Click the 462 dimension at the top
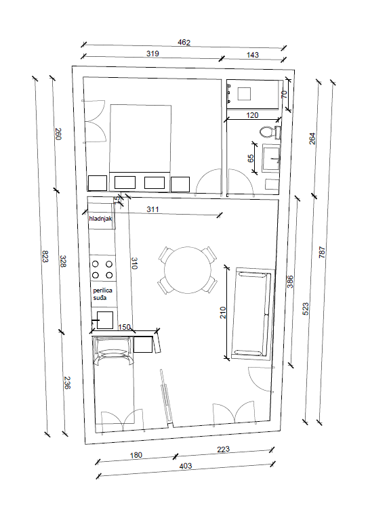[184, 43]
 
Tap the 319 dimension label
[152, 53]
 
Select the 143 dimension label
[253, 55]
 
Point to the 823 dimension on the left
[45, 256]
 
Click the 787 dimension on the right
[322, 253]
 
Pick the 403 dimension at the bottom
[186, 466]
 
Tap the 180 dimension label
[136, 455]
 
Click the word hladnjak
[100, 219]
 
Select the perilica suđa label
[102, 294]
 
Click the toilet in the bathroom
[270, 132]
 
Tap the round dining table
[188, 270]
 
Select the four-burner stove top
[102, 269]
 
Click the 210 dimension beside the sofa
[223, 313]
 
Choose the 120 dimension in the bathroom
[252, 115]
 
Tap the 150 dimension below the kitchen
[125, 327]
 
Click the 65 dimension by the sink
[251, 158]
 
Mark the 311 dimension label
[152, 209]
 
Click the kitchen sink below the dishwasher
[105, 320]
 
